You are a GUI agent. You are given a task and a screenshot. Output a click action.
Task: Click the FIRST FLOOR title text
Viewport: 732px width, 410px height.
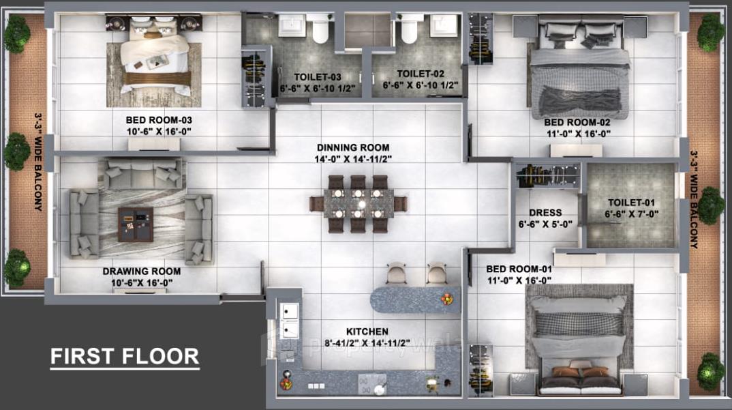pos(125,356)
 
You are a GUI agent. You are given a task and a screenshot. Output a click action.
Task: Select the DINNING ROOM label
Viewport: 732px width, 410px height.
pos(353,147)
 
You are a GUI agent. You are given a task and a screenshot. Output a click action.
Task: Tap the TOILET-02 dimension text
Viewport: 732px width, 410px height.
pos(421,86)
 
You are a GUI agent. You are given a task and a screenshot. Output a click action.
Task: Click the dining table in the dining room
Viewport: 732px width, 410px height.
pos(358,204)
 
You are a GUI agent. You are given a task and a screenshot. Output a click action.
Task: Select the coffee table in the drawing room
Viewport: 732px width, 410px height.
pos(136,224)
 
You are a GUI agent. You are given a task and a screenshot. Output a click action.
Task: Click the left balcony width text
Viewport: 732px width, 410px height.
pos(39,162)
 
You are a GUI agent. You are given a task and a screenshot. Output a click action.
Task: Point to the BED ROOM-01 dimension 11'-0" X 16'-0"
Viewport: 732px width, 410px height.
pos(518,280)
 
